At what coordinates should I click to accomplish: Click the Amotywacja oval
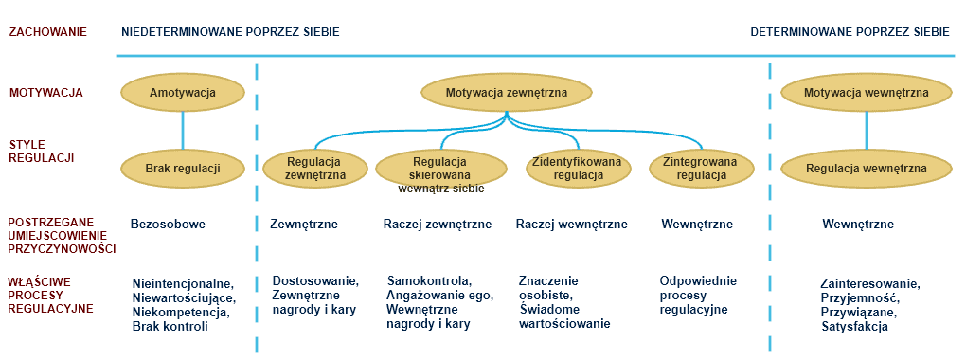pos(183,93)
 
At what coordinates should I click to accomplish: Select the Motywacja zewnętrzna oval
pos(507,93)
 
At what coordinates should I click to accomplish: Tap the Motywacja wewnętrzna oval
pos(866,93)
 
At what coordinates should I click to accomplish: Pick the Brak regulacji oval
pos(183,168)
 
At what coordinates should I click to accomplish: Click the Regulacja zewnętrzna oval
pos(315,167)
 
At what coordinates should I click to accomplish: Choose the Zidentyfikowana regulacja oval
pos(580,167)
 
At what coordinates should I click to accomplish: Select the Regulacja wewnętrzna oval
pos(866,168)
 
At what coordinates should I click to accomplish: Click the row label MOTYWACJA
pos(45,93)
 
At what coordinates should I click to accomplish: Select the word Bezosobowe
pos(169,225)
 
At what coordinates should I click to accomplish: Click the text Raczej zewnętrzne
pos(437,225)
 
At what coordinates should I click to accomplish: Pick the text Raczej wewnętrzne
pos(571,225)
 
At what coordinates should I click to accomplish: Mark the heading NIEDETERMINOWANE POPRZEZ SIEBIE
pos(230,31)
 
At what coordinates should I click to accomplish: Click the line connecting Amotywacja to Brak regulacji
pos(183,130)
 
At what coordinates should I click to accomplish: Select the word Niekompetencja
pos(181,312)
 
